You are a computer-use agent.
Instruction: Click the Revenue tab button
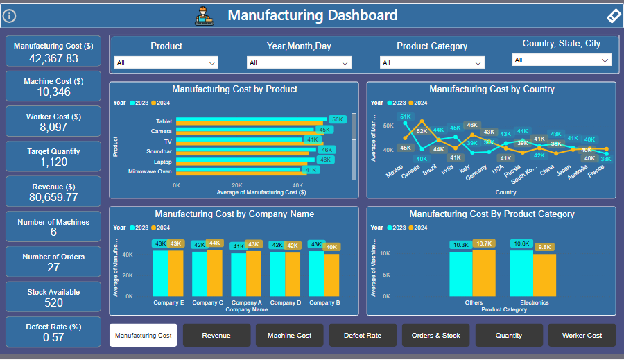coord(216,336)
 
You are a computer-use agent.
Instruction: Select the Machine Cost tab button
coord(289,336)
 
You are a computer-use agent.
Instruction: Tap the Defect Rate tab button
coord(363,336)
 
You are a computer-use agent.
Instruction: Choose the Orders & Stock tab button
coord(435,336)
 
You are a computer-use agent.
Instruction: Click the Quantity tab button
coord(509,336)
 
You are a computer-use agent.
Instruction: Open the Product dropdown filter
coord(166,63)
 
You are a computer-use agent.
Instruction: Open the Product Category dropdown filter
coord(431,63)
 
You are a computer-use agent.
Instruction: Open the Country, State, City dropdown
coord(562,60)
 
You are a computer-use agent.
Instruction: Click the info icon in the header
coord(10,16)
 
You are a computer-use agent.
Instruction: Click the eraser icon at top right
coord(613,16)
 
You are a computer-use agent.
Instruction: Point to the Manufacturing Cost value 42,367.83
coord(53,59)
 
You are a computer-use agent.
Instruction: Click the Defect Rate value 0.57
coord(53,338)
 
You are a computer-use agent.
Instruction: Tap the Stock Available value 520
coord(53,302)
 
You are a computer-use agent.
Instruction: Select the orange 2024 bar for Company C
coord(215,273)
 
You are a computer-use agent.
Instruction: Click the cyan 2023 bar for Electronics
coord(521,273)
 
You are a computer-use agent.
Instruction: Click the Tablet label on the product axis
coord(164,121)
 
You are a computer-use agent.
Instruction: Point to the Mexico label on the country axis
coord(395,171)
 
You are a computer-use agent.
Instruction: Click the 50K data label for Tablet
coord(337,120)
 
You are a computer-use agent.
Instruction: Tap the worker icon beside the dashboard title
coord(205,15)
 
